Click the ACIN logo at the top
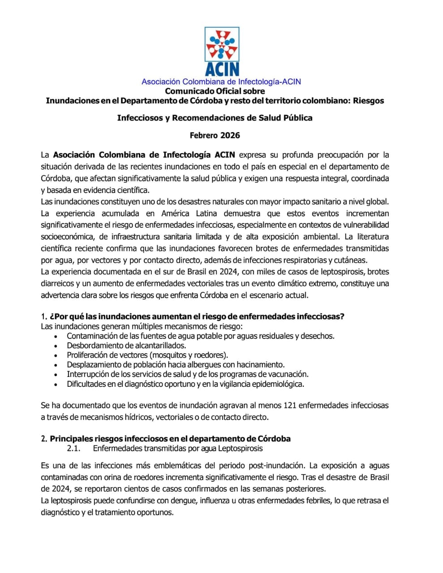coord(222,51)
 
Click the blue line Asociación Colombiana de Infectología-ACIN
coord(221,81)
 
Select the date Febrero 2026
coord(215,135)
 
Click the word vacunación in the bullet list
coord(288,374)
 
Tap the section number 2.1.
coord(73,448)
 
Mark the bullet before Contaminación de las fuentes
coord(56,336)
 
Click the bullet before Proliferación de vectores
coord(56,355)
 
